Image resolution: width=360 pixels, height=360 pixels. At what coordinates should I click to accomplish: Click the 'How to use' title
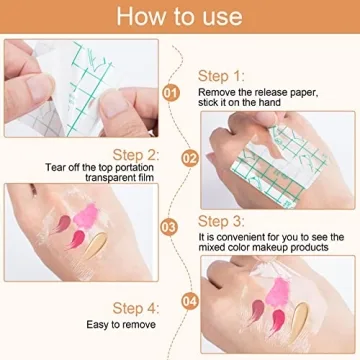(180, 17)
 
